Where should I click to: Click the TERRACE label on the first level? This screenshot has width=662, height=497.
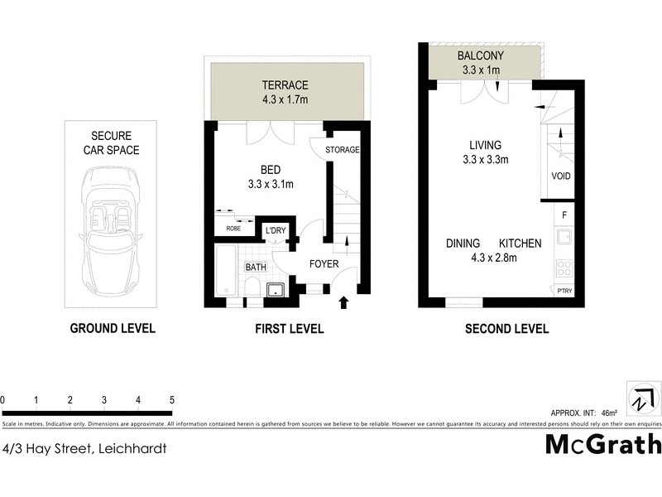point(285,85)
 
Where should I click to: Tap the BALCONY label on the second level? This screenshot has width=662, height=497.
point(480,56)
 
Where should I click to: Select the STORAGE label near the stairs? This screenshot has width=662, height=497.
point(342,150)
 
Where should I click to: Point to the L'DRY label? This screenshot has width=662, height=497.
point(275,231)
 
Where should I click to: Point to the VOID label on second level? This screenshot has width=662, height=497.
point(560,176)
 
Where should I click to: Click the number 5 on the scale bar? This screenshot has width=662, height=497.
point(171,400)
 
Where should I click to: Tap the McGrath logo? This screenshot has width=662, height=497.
point(603,444)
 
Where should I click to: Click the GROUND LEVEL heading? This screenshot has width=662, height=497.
point(112,329)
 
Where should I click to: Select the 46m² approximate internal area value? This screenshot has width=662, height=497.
point(608,413)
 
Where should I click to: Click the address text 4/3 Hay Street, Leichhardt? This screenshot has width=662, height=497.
point(85,448)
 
